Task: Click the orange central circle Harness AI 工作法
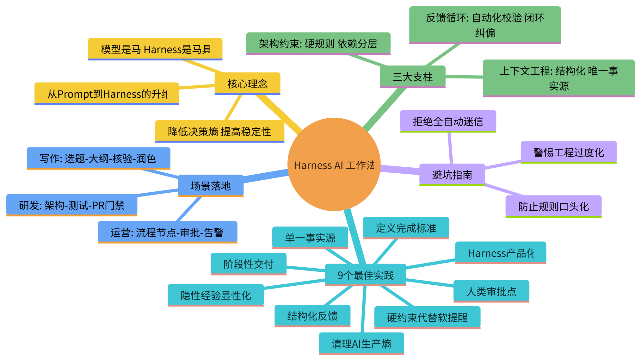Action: (334, 164)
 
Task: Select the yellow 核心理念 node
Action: (247, 84)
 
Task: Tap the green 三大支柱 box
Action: (412, 77)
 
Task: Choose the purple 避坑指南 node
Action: (452, 175)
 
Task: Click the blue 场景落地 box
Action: (211, 186)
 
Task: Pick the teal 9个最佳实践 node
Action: (365, 275)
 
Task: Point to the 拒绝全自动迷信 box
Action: (448, 121)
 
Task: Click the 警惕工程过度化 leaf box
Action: (569, 152)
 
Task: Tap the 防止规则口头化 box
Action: (553, 206)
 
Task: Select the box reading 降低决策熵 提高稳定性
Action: (219, 131)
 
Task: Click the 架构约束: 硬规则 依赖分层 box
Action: (318, 43)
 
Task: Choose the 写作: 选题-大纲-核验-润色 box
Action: (98, 158)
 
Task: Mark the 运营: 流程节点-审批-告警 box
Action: (167, 232)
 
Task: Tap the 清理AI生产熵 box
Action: (361, 343)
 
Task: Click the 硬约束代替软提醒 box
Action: (427, 317)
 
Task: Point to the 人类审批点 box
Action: (491, 291)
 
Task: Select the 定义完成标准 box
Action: (406, 228)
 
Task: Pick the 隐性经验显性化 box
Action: (216, 295)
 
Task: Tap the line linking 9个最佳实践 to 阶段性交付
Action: (306, 269)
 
